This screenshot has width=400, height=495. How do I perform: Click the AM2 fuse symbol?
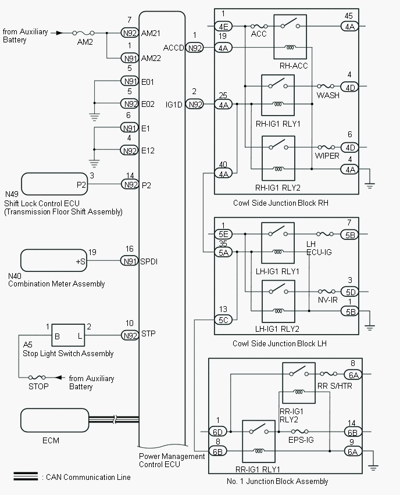[85, 33]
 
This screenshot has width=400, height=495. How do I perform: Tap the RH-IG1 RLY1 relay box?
[277, 95]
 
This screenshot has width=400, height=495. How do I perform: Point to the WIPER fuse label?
[327, 157]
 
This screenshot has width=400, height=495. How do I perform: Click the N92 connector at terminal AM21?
[129, 33]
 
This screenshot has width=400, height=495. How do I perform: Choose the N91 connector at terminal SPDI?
[129, 261]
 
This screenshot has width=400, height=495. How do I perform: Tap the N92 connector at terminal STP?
[129, 335]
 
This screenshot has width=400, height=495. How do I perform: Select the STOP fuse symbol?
[40, 377]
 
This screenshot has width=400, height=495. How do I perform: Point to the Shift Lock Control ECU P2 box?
[54, 184]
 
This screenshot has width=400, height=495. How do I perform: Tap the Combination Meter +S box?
[54, 261]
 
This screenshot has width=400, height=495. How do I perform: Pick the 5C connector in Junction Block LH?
[224, 320]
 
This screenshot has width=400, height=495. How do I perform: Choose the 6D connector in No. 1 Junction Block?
[218, 432]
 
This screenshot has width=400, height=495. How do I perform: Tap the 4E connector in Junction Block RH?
[224, 26]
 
